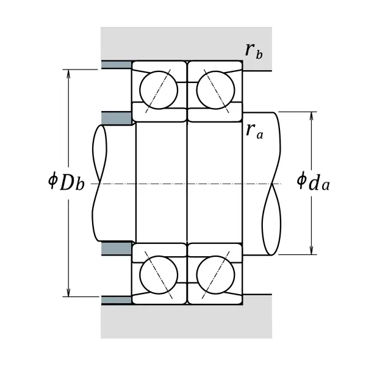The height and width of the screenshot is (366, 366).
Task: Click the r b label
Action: (x=254, y=51)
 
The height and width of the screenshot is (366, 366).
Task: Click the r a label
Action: (x=254, y=131)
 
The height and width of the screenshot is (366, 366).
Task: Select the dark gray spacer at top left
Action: (x=117, y=65)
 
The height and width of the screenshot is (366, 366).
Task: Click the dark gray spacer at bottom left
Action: (x=117, y=300)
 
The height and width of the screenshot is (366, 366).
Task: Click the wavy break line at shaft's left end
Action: (x=98, y=183)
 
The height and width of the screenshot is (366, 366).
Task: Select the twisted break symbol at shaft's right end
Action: (x=272, y=183)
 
